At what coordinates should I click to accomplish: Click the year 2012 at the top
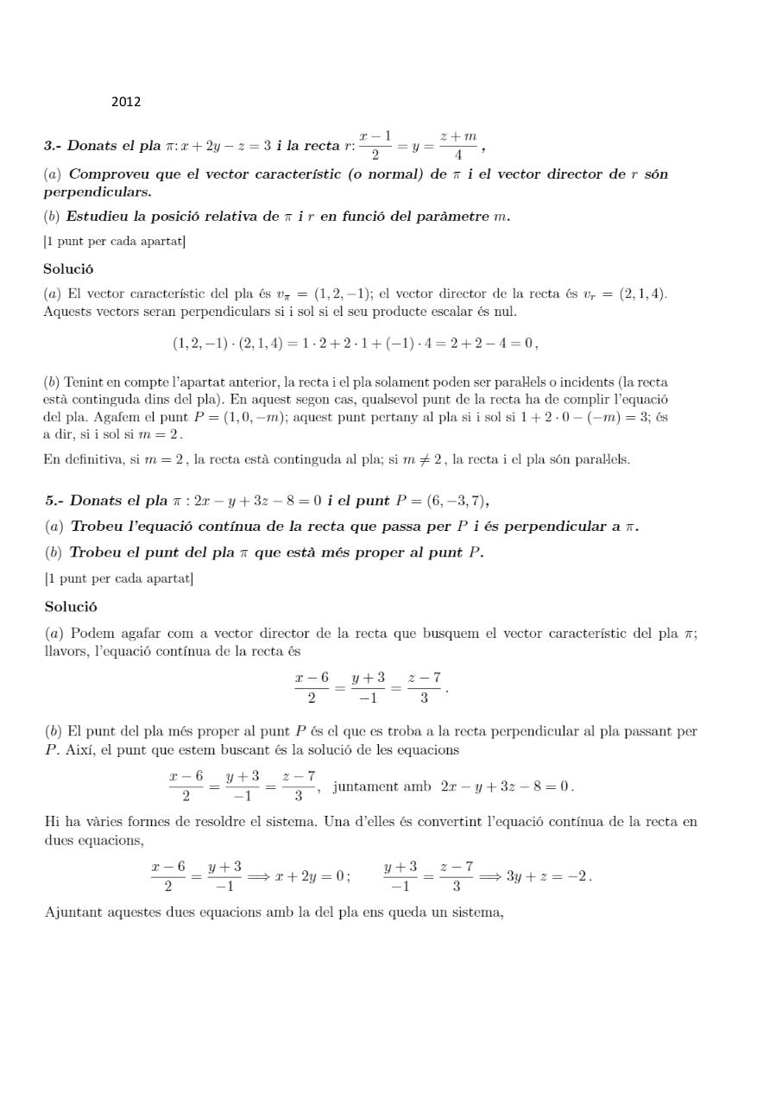pos(125,102)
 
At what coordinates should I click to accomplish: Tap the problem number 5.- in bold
pos(55,501)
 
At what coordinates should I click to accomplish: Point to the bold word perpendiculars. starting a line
pos(97,192)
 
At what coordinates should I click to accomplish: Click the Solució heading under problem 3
pos(68,268)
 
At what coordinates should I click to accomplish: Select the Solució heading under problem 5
pos(71,606)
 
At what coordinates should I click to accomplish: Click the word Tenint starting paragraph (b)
pos(84,382)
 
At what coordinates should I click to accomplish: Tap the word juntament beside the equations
pos(366,786)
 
